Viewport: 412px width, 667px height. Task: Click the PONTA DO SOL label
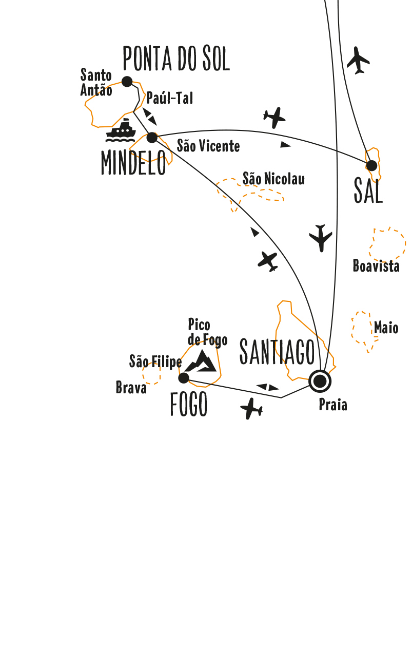(176, 59)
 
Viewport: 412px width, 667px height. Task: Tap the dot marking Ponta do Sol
(127, 81)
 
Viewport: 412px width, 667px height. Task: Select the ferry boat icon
(121, 130)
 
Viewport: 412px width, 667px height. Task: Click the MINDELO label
(133, 163)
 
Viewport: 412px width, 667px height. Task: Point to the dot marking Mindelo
(152, 138)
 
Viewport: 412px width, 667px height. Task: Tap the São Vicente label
(208, 146)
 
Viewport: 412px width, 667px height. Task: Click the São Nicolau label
(273, 179)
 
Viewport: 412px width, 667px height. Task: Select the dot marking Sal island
(371, 165)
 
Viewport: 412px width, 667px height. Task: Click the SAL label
(368, 191)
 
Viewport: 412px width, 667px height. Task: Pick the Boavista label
(376, 266)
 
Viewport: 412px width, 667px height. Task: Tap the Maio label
(386, 328)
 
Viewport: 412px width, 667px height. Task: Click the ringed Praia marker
(320, 381)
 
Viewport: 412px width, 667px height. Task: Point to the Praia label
(333, 405)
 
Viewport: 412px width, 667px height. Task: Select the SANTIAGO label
(277, 352)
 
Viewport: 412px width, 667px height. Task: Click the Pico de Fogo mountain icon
(201, 361)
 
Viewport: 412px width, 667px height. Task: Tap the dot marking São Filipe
(184, 378)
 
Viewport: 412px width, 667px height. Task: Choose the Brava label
(131, 388)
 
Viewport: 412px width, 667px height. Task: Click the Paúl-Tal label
(170, 98)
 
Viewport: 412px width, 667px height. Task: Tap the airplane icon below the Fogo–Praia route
(251, 409)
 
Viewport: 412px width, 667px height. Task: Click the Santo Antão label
(96, 83)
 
